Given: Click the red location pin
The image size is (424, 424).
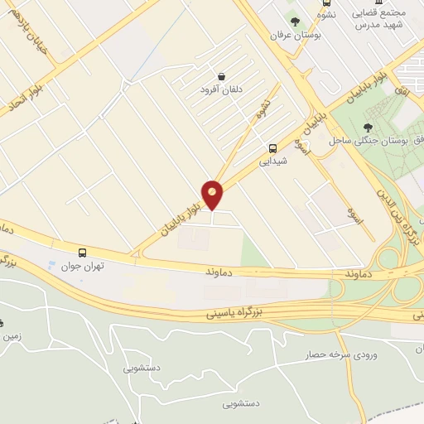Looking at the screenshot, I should pyautogui.click(x=213, y=195).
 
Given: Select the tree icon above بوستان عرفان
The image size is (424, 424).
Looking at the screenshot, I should pyautogui.click(x=295, y=21).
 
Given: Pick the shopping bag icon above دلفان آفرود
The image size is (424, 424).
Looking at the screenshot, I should pyautogui.click(x=221, y=76).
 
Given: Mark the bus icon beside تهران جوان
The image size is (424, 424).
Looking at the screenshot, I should pyautogui.click(x=82, y=252).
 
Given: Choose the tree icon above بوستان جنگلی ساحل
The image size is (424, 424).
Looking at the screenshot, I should pyautogui.click(x=368, y=127).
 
